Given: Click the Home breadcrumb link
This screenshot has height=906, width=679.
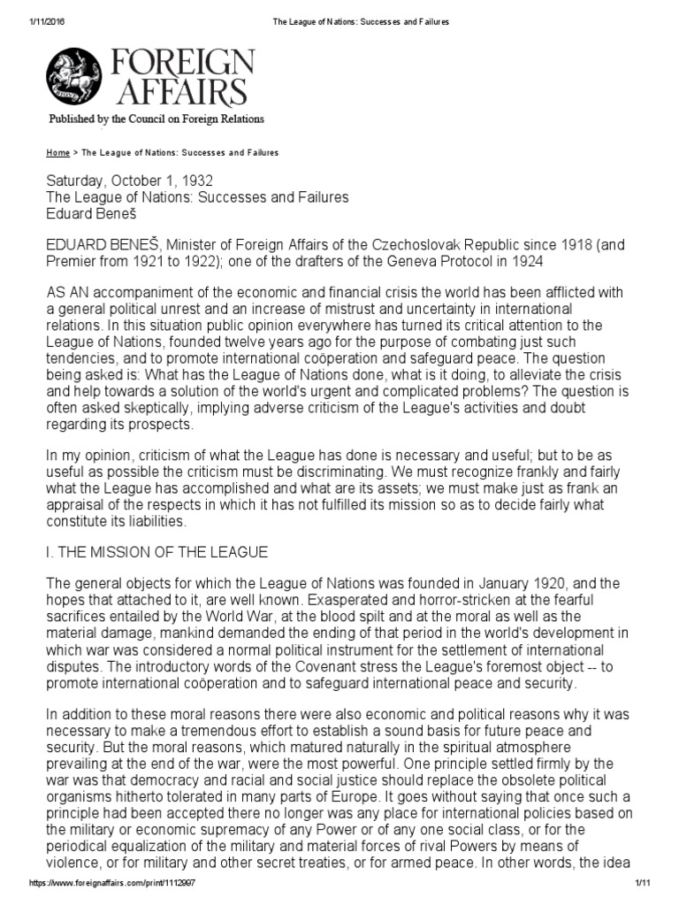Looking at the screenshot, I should point(58,152).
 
